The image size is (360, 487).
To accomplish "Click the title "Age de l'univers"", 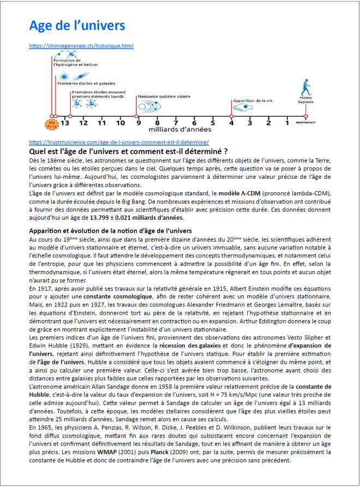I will [x=77, y=25].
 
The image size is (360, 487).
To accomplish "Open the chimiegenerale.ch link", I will [x=81, y=46].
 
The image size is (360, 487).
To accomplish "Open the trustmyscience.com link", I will [x=118, y=142].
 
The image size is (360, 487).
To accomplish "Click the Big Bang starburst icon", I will [x=53, y=124].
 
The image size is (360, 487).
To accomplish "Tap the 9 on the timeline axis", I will [x=138, y=123].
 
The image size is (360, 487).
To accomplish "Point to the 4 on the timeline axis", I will [x=231, y=123].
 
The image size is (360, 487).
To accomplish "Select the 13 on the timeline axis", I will [x=65, y=123].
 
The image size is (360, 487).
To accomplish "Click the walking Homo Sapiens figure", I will [x=305, y=87].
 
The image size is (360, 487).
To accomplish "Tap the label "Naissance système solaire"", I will [x=164, y=96].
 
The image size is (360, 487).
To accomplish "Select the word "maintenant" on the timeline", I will [x=305, y=123].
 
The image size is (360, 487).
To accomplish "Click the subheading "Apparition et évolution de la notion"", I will [x=109, y=231].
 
